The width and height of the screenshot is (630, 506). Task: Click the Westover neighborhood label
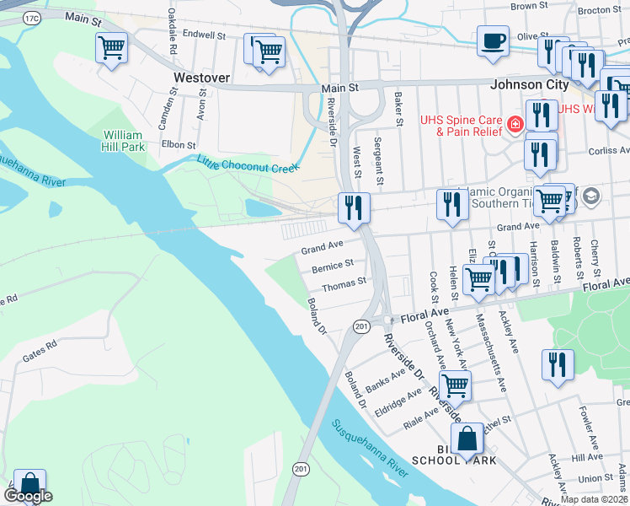[201, 77]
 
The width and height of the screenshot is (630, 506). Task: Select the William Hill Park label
[124, 140]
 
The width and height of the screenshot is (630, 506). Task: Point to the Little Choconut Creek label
[248, 164]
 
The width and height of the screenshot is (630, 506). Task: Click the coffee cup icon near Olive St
[493, 40]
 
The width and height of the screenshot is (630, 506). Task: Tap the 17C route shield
[32, 18]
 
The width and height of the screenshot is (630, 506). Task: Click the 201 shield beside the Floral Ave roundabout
[360, 326]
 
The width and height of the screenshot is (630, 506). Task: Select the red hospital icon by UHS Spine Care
[514, 126]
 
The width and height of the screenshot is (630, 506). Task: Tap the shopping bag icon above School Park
[467, 439]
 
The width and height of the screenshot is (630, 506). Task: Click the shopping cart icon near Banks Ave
[455, 385]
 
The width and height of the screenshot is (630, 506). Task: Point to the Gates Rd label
[40, 352]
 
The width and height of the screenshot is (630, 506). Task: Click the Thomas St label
[344, 286]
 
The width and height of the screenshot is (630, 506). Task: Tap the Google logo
[28, 496]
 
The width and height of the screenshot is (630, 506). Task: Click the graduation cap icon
[590, 196]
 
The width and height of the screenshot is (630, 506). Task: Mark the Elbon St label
[179, 145]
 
